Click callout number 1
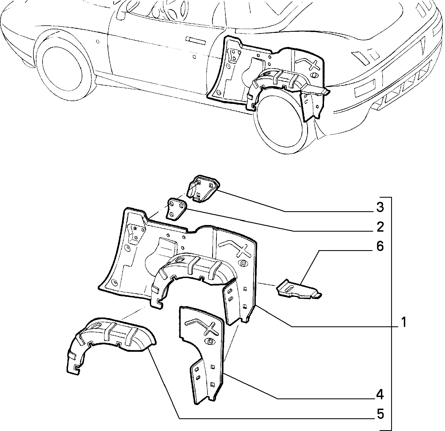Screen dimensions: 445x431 tap(404, 322)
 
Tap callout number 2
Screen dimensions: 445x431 tap(380, 227)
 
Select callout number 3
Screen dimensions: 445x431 tap(380, 207)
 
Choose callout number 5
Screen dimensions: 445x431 tap(380, 414)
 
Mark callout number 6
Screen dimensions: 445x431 tap(380, 246)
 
